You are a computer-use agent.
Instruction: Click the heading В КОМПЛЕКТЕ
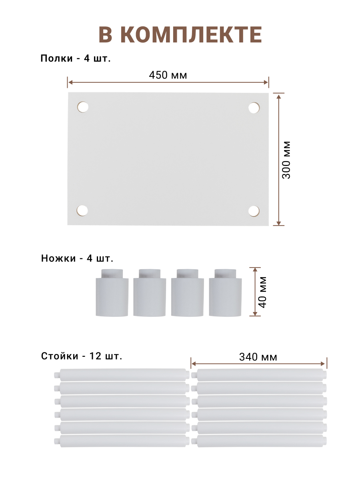(x=180, y=34)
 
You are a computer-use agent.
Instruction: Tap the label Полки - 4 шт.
(x=76, y=58)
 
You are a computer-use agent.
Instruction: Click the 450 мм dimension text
(x=168, y=75)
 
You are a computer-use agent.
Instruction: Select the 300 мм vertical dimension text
(x=286, y=160)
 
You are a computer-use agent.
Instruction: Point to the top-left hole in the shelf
(x=83, y=107)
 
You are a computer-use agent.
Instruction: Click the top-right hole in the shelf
(x=254, y=108)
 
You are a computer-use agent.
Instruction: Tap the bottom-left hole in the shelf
(x=82, y=210)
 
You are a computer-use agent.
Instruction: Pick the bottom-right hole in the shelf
(x=254, y=211)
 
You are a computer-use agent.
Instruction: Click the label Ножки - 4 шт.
(x=77, y=258)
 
